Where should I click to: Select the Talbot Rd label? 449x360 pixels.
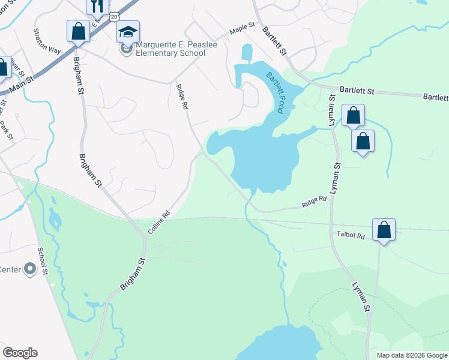tap(351, 236)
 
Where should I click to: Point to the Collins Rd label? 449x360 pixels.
tap(159, 222)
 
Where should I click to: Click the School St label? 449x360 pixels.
tap(42, 261)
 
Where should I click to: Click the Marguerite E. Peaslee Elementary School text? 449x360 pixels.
tap(170, 49)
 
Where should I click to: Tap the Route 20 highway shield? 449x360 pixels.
tap(114, 17)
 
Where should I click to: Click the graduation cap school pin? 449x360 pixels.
tap(128, 31)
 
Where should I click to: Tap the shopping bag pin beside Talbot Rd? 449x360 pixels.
tap(384, 230)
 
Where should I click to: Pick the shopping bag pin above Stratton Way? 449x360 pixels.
tap(78, 31)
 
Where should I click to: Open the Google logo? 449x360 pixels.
tap(20, 353)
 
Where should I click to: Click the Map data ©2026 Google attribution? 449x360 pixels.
tap(412, 355)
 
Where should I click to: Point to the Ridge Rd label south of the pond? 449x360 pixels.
tap(314, 202)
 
